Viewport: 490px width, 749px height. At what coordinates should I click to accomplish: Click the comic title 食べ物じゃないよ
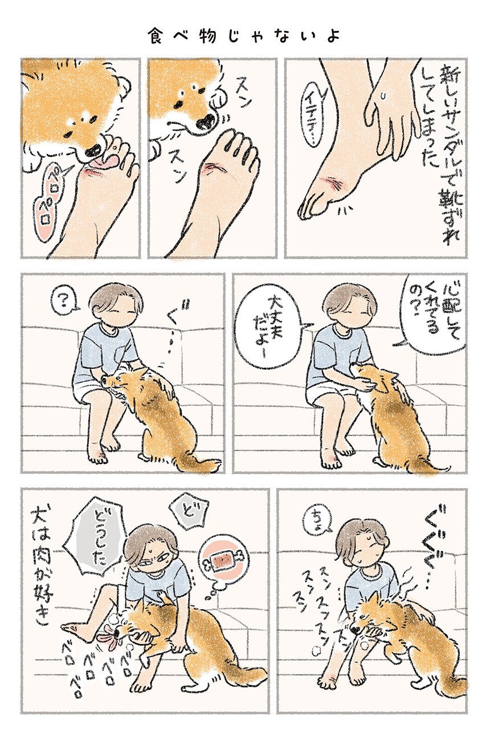(x=244, y=35)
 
